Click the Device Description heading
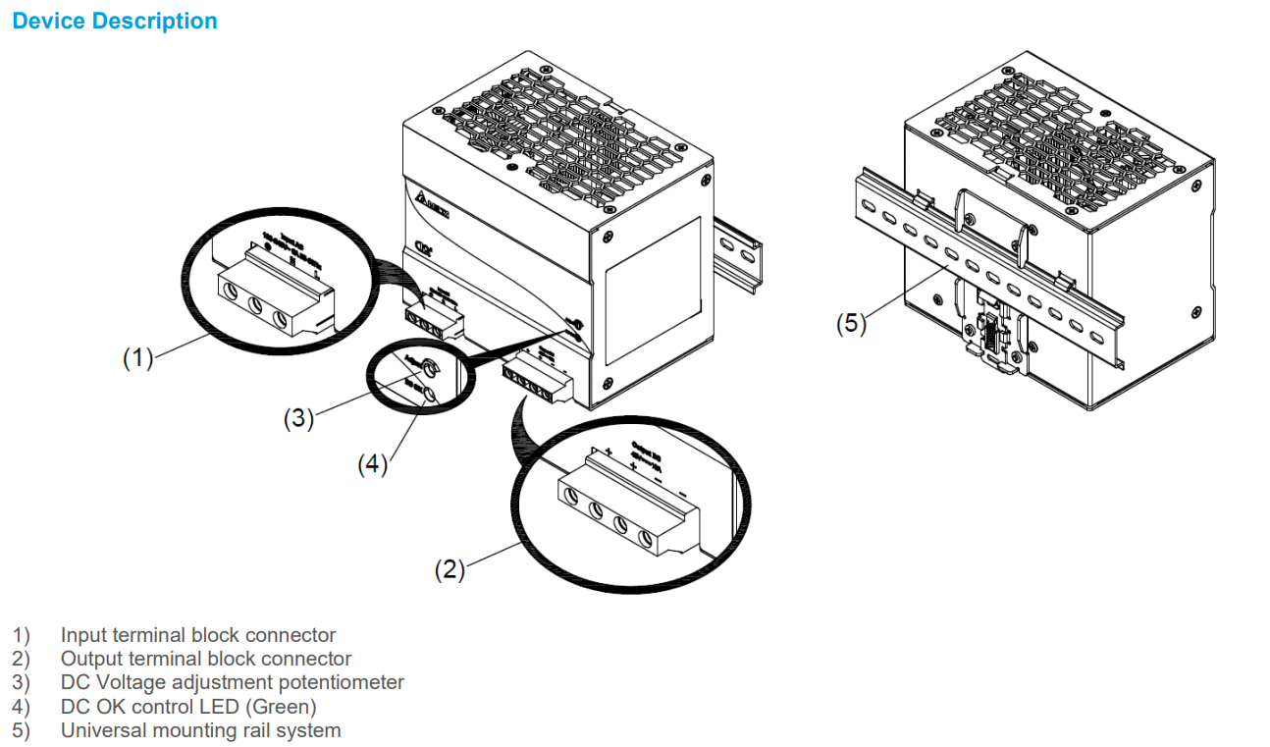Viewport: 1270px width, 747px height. pyautogui.click(x=115, y=21)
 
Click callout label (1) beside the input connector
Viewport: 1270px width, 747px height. pyautogui.click(x=137, y=358)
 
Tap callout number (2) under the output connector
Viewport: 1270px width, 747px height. pyautogui.click(x=450, y=569)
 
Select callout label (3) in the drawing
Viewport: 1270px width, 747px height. pyautogui.click(x=298, y=418)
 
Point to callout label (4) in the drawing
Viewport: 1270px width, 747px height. pyautogui.click(x=372, y=464)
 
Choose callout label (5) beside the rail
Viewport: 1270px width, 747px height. pyautogui.click(x=851, y=323)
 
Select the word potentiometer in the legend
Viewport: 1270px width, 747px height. pyautogui.click(x=343, y=682)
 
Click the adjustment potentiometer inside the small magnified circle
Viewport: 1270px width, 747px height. pyautogui.click(x=428, y=369)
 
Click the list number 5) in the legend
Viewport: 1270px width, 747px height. pyautogui.click(x=21, y=730)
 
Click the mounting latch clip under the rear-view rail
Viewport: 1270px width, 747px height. pyautogui.click(x=993, y=339)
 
